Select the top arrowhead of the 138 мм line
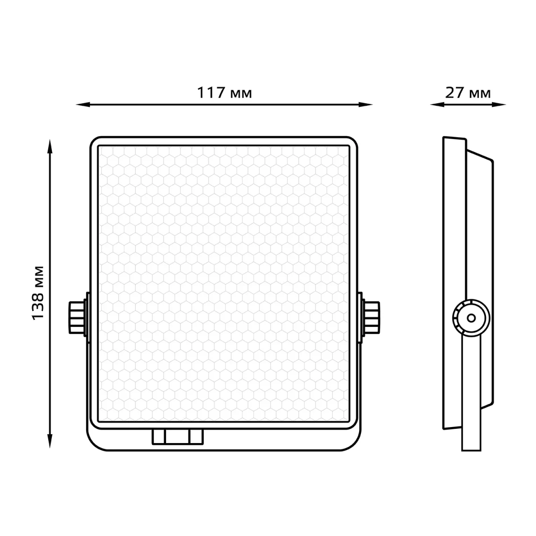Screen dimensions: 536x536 50,147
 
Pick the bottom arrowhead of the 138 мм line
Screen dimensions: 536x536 50,441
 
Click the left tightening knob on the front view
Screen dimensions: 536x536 77,318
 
